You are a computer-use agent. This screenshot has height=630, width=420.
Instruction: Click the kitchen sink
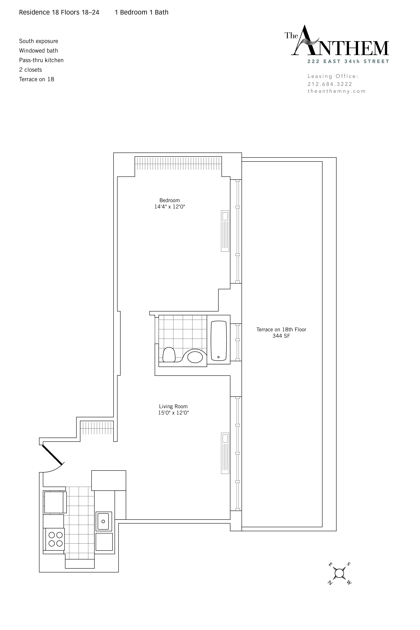tap(103, 521)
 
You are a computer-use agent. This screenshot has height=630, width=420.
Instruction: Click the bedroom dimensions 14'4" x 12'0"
tap(170, 207)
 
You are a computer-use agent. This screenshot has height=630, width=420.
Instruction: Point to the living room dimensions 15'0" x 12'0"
tap(173, 413)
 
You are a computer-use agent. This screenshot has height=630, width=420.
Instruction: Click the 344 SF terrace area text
tap(281, 336)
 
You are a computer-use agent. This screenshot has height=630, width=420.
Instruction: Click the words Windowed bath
tap(39, 51)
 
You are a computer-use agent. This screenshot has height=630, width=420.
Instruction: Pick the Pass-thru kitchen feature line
tap(41, 60)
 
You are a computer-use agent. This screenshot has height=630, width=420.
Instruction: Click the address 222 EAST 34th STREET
tap(348, 61)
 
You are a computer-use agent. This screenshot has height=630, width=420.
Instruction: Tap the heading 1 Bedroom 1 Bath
tap(141, 12)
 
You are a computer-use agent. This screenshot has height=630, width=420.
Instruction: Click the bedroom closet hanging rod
tap(178, 163)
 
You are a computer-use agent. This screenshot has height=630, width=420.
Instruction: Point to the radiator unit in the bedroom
tap(225, 231)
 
